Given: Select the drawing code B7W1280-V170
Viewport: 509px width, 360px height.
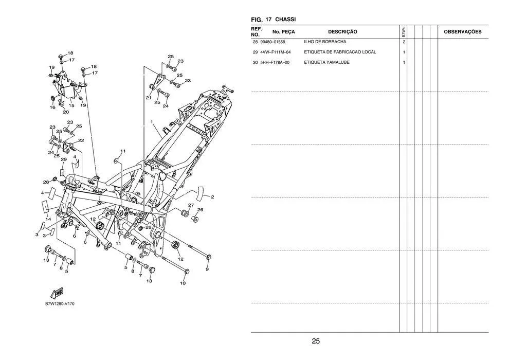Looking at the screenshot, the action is [x=60, y=304].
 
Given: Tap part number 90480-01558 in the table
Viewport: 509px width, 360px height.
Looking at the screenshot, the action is [x=272, y=42].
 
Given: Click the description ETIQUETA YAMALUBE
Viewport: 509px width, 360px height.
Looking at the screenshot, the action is [x=326, y=62].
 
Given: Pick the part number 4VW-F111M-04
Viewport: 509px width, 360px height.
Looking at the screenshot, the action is [x=275, y=52].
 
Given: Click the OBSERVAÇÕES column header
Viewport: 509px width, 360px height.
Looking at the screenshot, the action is [x=463, y=32].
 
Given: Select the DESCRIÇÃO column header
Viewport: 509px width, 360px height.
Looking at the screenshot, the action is [x=342, y=32].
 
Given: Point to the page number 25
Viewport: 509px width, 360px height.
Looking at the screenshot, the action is [x=316, y=341].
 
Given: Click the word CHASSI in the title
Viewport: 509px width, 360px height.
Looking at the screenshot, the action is [x=285, y=20].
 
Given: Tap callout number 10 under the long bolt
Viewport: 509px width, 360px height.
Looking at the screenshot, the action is [x=183, y=283].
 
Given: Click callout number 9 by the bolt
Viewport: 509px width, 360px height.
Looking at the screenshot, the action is [x=207, y=269].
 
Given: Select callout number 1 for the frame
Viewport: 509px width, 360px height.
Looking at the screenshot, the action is [x=152, y=122].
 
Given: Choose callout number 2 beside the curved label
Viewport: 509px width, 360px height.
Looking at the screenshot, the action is [x=212, y=197].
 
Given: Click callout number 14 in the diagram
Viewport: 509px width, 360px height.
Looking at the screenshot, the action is [x=48, y=219].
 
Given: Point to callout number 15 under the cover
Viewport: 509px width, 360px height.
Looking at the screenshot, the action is [x=71, y=105].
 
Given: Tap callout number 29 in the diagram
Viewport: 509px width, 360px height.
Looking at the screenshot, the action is [x=64, y=159].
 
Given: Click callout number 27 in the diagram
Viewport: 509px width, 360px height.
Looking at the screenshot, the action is [x=191, y=205].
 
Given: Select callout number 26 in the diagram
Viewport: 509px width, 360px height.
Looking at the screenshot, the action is [x=201, y=210].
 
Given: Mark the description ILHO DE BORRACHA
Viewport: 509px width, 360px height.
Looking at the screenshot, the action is [x=325, y=42].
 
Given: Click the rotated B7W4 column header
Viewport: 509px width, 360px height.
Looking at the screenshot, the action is [x=404, y=32].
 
